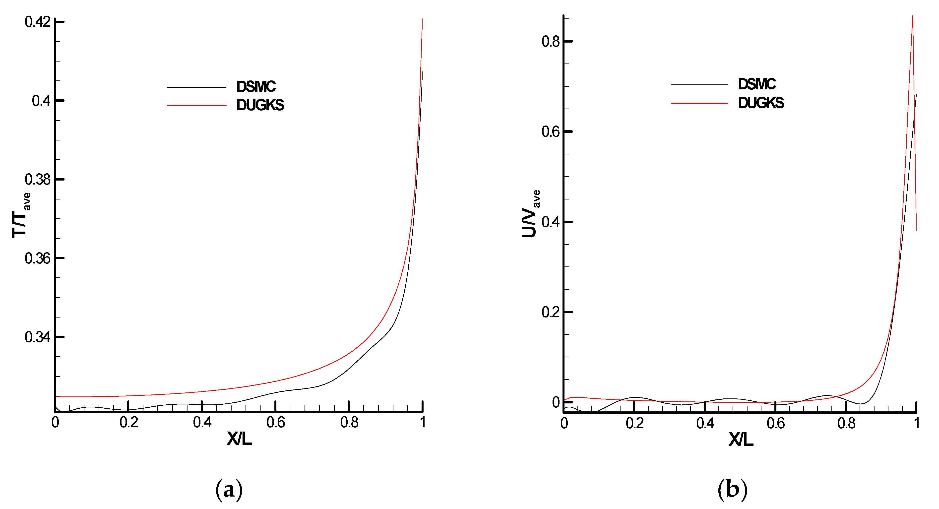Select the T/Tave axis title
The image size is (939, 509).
(21, 216)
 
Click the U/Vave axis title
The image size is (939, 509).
(530, 214)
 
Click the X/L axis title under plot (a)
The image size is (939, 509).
(239, 439)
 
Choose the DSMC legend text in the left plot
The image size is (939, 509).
(256, 87)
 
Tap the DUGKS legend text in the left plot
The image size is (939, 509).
(260, 105)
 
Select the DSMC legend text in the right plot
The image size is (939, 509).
(757, 84)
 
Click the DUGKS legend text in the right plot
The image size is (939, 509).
(761, 103)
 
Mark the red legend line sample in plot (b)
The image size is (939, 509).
(699, 104)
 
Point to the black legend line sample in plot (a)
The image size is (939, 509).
(197, 87)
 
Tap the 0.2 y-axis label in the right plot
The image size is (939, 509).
(550, 312)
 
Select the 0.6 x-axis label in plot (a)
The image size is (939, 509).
(276, 422)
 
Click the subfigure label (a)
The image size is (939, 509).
(229, 490)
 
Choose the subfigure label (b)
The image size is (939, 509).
(732, 490)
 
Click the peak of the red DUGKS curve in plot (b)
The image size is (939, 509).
(912, 16)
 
